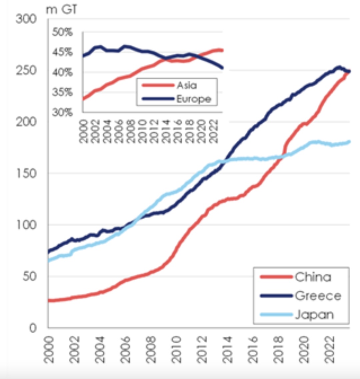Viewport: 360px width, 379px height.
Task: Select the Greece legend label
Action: [318, 296]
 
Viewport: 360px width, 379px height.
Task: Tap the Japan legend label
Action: [314, 315]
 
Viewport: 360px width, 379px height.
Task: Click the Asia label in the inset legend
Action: [187, 85]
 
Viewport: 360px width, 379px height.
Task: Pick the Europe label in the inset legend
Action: [193, 99]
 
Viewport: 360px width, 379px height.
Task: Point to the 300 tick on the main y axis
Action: [26, 19]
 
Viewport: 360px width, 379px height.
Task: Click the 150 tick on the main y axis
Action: [26, 173]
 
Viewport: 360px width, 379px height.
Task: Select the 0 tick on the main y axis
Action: [32, 328]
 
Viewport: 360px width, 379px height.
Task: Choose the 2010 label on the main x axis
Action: [177, 349]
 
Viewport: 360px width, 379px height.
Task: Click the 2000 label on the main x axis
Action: [49, 349]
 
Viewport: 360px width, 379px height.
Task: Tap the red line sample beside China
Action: [276, 277]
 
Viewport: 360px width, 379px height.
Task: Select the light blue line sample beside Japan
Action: [276, 315]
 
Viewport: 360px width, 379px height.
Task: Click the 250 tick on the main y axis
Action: [26, 71]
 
